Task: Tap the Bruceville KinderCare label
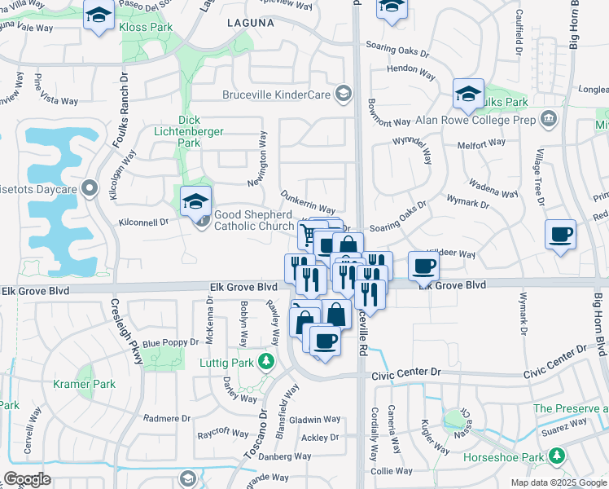point(277,95)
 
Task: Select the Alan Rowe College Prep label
point(475,119)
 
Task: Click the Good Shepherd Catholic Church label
point(254,220)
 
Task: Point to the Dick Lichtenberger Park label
point(177,130)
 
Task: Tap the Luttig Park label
point(226,362)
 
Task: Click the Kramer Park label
point(84,384)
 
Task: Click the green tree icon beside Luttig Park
point(264,361)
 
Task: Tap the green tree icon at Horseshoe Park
point(557,456)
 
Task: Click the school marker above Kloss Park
point(99,15)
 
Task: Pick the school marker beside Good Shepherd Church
point(195,201)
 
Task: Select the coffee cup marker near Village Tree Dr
point(560,235)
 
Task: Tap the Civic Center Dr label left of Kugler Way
point(406,372)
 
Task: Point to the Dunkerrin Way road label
point(308,203)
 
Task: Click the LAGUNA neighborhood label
point(250,24)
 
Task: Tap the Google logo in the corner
point(28,478)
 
